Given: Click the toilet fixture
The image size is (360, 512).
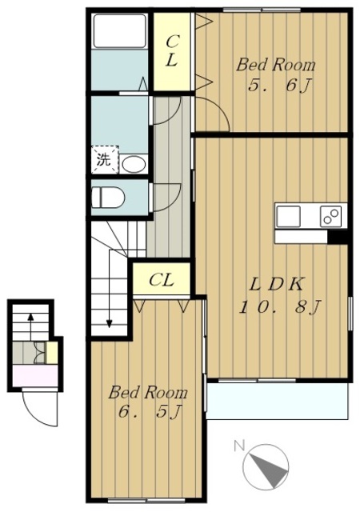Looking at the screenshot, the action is [x=108, y=198].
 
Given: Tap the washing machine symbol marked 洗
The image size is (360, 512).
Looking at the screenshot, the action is [x=105, y=160].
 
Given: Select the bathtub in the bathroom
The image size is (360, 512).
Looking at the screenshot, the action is [x=119, y=31].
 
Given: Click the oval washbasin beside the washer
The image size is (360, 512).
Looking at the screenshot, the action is [x=134, y=164].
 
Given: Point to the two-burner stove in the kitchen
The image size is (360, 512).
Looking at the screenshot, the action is [x=330, y=216].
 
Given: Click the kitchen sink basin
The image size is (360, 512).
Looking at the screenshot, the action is [x=289, y=217].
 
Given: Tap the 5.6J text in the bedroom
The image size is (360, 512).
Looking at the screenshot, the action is [x=278, y=86].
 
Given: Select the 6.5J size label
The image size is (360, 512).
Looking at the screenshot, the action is [x=150, y=411].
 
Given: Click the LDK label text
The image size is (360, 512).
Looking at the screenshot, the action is [x=276, y=284].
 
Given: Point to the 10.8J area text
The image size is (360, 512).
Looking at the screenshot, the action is [x=280, y=307].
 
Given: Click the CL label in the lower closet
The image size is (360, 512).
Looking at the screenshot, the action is [x=161, y=280].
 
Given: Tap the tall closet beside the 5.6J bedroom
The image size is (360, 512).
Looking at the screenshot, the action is [x=172, y=51].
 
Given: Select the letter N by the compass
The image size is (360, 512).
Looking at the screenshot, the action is [x=239, y=446].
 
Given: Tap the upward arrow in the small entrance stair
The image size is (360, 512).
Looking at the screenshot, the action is [x=30, y=326].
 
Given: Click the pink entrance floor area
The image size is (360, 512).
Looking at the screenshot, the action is [x=35, y=375].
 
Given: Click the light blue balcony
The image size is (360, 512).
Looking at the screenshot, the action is [x=277, y=401].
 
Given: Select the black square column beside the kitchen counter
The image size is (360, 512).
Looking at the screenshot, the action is [x=337, y=237].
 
